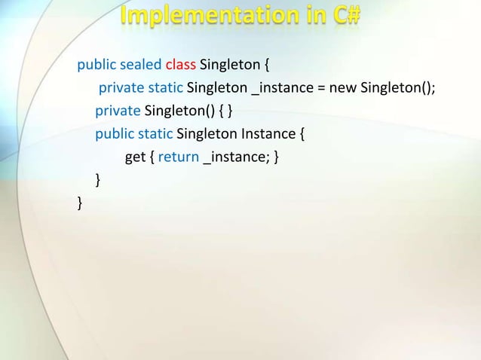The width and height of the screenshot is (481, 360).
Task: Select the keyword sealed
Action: point(141,66)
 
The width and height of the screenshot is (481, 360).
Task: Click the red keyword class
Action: point(181,66)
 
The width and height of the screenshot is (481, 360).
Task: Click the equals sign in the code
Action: point(320,89)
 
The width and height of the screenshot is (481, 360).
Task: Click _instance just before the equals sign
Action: point(282,89)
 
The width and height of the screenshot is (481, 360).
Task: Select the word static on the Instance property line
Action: point(155,135)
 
